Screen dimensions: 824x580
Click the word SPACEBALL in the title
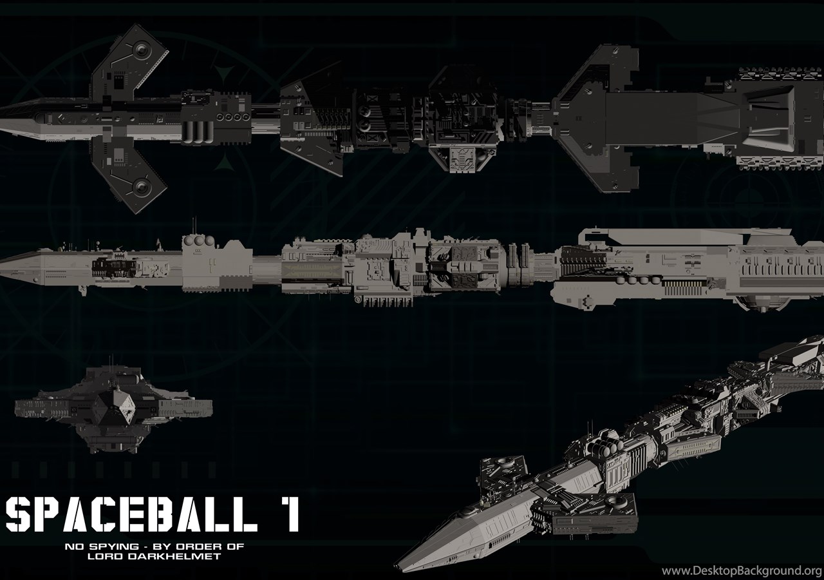click(x=131, y=514)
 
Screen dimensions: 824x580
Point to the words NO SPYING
click(x=102, y=547)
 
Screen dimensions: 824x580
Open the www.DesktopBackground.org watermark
click(x=742, y=571)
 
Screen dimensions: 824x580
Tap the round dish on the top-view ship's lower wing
click(x=141, y=186)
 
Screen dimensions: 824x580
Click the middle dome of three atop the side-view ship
click(x=199, y=241)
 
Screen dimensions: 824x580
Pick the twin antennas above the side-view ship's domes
click(x=194, y=226)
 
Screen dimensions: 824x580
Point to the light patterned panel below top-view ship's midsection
click(x=464, y=160)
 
